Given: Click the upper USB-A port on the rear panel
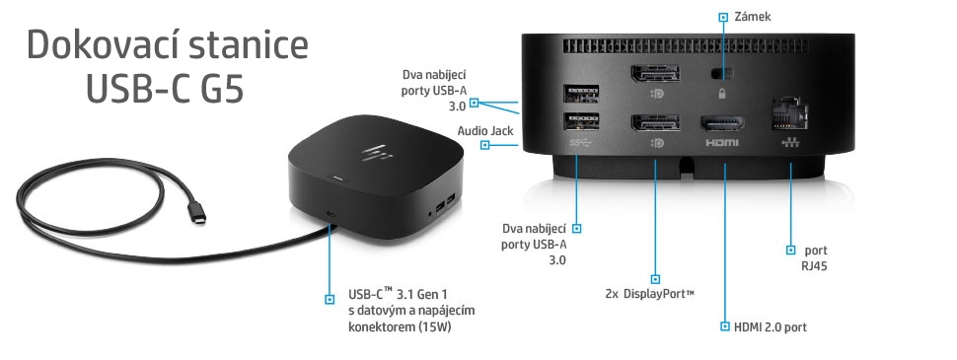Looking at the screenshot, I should coord(583,94).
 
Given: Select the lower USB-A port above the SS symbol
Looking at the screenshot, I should coord(583,123).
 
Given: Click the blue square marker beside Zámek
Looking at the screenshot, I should coord(723,17).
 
